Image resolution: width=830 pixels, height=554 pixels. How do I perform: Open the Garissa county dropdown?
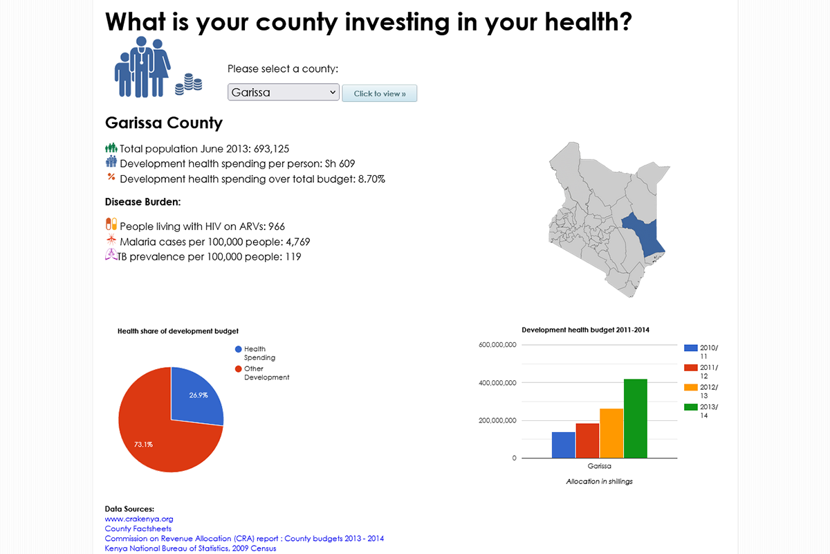click(x=283, y=92)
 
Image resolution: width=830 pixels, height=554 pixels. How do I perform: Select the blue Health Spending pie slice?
click(x=196, y=398)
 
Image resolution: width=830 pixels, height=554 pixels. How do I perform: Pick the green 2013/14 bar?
click(x=636, y=418)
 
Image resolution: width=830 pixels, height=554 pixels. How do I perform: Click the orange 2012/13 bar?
click(x=611, y=433)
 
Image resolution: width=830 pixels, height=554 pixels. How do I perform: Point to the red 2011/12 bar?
click(x=587, y=440)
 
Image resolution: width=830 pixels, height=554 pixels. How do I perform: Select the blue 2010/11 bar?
click(x=564, y=445)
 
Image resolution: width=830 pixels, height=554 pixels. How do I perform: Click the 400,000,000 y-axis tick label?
click(x=497, y=383)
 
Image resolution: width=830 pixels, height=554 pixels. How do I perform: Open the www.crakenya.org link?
click(x=139, y=519)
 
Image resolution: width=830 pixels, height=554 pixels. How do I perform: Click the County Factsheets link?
click(x=138, y=528)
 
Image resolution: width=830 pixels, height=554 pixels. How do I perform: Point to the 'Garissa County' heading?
click(x=164, y=123)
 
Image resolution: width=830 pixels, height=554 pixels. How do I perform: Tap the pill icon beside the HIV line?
click(x=111, y=224)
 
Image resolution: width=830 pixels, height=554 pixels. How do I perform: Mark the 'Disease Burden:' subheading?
click(x=142, y=202)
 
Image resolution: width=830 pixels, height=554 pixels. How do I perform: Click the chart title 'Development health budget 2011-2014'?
click(x=585, y=330)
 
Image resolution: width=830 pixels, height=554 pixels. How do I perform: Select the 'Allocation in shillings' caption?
click(x=599, y=481)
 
